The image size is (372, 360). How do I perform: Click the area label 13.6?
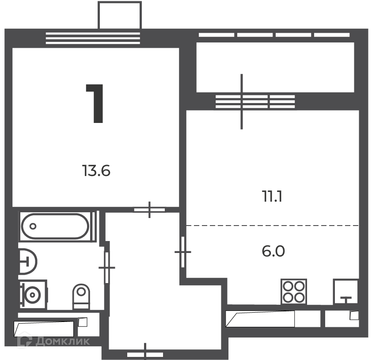coord(96,171)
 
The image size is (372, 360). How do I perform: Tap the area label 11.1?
coord(272,197)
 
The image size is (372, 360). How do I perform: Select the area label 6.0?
coord(273,251)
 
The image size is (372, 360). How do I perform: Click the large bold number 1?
coord(95,103)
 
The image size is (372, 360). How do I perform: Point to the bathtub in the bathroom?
coord(55,226)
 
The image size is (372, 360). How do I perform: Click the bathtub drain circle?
coord(33,226)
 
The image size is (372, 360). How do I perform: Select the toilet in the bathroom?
coord(81,296)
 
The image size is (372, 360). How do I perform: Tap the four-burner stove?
coord(294,291)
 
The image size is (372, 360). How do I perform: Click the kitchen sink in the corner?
coord(345,291)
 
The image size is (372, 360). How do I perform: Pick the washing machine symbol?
coord(33,295)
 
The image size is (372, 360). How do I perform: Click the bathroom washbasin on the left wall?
coord(28,262)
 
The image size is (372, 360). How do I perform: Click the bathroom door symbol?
coord(107,268)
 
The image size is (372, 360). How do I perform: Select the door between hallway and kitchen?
coord(182,252)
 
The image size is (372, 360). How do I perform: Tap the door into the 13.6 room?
coord(149,210)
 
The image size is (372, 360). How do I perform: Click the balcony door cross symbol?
coord(242,102)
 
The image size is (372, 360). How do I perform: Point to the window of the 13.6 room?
coord(93,38)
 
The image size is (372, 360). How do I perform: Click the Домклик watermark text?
coord(63,341)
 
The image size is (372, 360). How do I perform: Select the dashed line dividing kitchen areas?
coord(272,226)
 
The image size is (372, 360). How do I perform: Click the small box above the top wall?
coord(120,15)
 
